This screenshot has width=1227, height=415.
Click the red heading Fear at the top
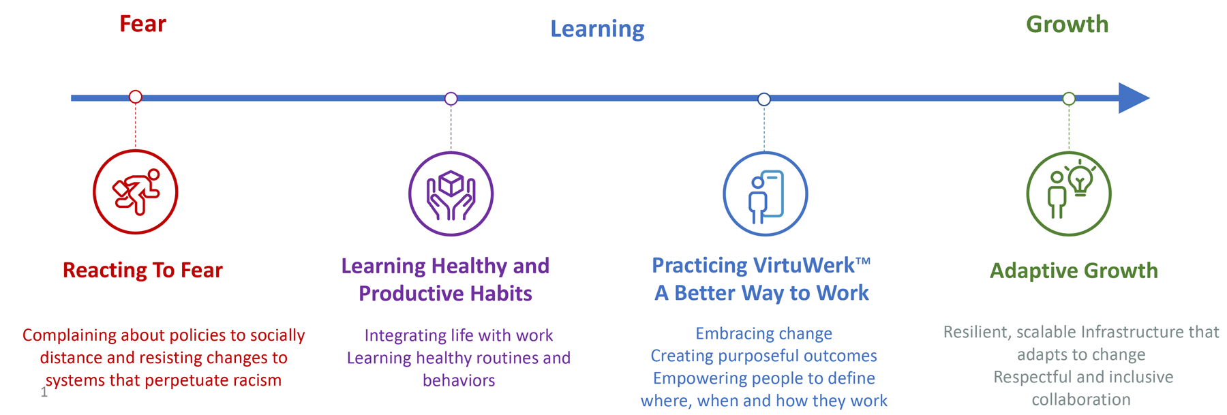pyautogui.click(x=142, y=24)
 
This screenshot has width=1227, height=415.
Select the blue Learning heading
pyautogui.click(x=597, y=29)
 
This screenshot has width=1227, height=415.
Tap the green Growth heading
pyautogui.click(x=1067, y=25)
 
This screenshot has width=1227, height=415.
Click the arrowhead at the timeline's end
pyautogui.click(x=1134, y=98)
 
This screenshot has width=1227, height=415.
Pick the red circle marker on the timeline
pyautogui.click(x=136, y=97)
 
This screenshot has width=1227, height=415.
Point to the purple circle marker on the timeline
pyautogui.click(x=451, y=99)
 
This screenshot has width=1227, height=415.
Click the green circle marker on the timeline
pyautogui.click(x=1069, y=99)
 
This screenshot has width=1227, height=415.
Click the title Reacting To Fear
pyautogui.click(x=142, y=271)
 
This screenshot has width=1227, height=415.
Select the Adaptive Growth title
pyautogui.click(x=1074, y=271)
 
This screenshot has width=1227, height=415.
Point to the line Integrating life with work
pyautogui.click(x=459, y=335)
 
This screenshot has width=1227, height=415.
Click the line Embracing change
pyautogui.click(x=763, y=333)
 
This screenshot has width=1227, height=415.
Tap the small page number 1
pyautogui.click(x=44, y=392)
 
